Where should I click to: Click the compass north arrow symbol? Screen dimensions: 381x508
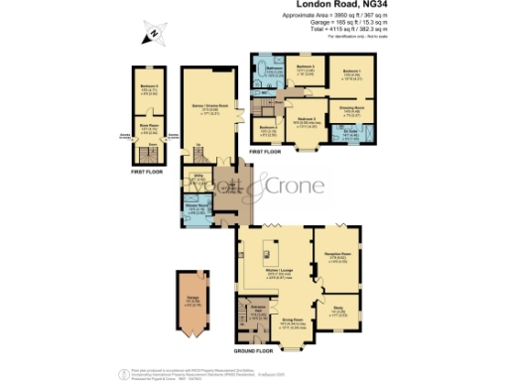tap(152, 37)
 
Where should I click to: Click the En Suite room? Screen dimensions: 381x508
tap(350, 135)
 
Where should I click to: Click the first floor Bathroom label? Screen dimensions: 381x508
tap(267, 68)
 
